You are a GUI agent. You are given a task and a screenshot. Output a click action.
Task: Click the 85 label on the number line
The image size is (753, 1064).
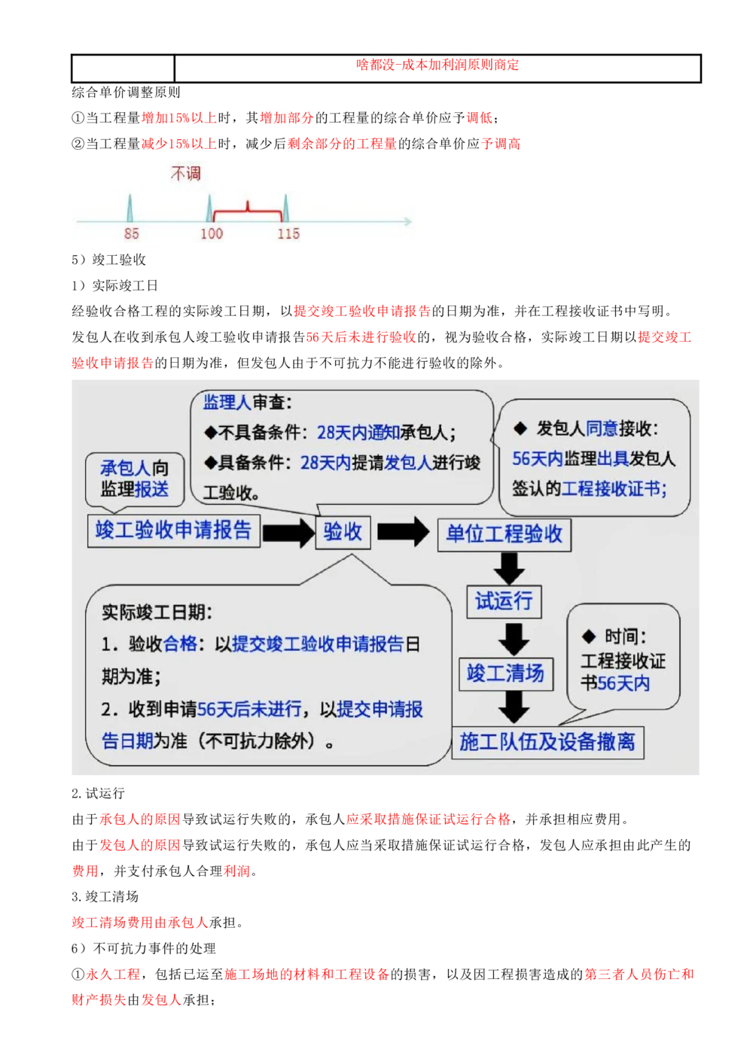pyautogui.click(x=131, y=234)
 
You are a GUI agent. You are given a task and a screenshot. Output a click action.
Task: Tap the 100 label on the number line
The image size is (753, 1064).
pyautogui.click(x=212, y=234)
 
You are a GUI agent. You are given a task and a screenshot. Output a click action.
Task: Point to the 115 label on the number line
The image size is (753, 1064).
pyautogui.click(x=288, y=234)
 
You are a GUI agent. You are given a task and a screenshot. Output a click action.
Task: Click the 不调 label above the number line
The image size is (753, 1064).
pyautogui.click(x=186, y=174)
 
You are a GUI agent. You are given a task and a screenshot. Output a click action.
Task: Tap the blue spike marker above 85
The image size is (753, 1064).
pyautogui.click(x=130, y=208)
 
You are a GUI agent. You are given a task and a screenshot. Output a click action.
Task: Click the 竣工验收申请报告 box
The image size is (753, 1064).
pyautogui.click(x=173, y=530)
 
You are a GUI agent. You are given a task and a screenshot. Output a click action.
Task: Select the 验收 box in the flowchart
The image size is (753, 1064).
pyautogui.click(x=343, y=532)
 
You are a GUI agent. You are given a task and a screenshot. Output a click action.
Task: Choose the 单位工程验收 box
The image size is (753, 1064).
pyautogui.click(x=504, y=534)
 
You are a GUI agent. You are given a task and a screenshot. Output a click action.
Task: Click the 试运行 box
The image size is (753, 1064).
pyautogui.click(x=503, y=601)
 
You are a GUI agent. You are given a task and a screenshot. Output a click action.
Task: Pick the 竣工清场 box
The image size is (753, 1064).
pyautogui.click(x=505, y=673)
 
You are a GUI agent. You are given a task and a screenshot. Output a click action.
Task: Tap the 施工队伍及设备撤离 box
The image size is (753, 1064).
pyautogui.click(x=547, y=743)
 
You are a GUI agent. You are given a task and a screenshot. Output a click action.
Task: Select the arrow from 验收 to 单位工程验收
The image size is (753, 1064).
pyautogui.click(x=403, y=532)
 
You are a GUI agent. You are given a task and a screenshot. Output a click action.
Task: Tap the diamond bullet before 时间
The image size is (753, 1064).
pyautogui.click(x=589, y=637)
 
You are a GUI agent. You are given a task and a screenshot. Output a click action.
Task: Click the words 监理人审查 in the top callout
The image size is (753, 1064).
pyautogui.click(x=246, y=403)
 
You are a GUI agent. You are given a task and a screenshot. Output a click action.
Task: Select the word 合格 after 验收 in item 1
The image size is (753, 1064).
pyautogui.click(x=181, y=644)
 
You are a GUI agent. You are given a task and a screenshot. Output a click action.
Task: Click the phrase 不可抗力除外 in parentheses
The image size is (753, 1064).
pyautogui.click(x=258, y=742)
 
